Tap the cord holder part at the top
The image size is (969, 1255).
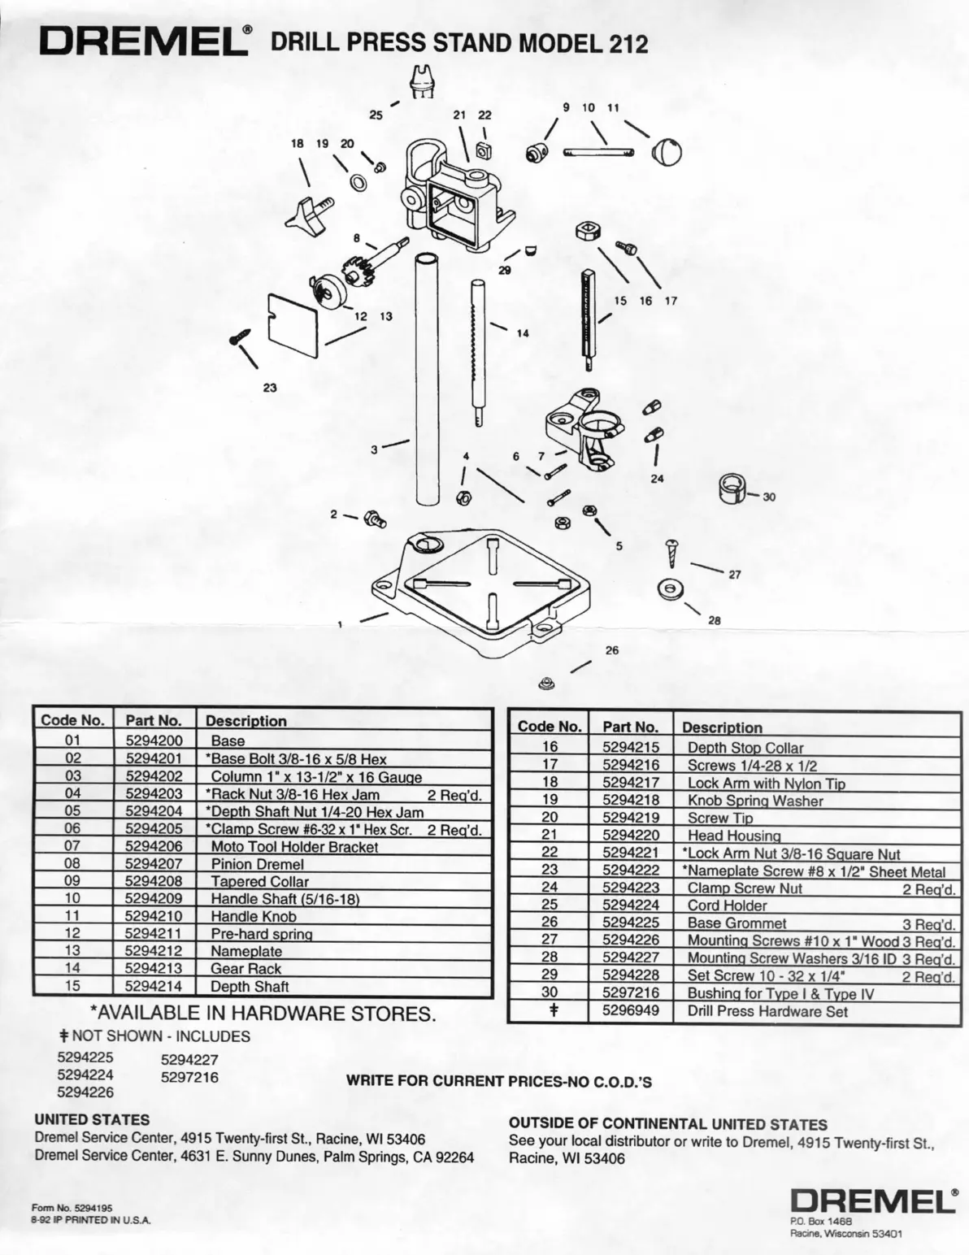coord(422,81)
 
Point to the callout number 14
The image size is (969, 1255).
coord(522,332)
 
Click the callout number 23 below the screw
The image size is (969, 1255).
coord(270,388)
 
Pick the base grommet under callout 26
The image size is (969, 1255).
coord(547,683)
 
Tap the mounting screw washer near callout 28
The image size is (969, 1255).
coord(670,588)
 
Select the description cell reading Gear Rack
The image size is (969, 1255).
coord(246,968)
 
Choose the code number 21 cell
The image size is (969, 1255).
coord(550,835)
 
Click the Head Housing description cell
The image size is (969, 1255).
coord(734,835)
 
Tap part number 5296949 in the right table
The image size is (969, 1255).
coord(631,1011)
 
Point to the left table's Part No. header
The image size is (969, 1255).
coord(154,720)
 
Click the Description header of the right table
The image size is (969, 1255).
coord(722,727)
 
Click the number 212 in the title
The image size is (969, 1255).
coord(626,44)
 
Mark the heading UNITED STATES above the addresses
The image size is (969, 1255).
coord(92,1120)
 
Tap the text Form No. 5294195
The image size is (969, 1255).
coord(72,1208)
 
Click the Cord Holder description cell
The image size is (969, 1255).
coord(727,905)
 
